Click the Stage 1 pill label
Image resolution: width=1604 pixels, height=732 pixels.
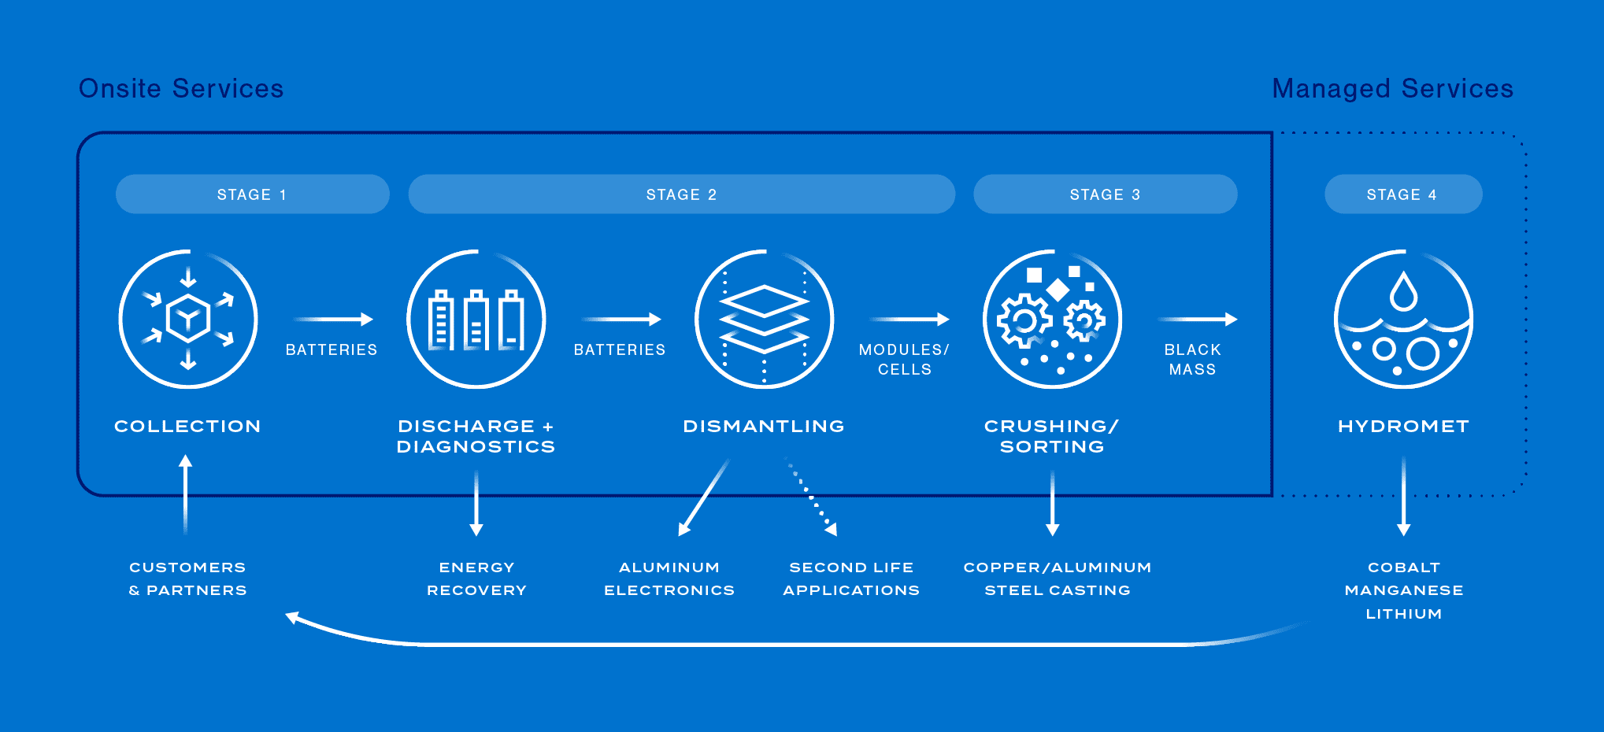(252, 194)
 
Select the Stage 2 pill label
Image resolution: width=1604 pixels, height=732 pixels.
(681, 194)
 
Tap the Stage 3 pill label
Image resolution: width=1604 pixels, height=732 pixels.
(1105, 194)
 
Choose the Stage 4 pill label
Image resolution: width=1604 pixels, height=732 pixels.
(1402, 194)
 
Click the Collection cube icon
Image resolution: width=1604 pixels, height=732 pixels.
(188, 319)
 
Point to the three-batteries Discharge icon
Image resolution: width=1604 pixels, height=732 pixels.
(476, 319)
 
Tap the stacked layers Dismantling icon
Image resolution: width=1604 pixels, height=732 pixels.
(764, 319)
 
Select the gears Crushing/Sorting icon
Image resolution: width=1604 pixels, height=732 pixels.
(1052, 319)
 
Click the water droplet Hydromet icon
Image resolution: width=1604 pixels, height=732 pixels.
(1403, 319)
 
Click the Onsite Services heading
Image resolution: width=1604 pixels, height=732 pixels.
(181, 88)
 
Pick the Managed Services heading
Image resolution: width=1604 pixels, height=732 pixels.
(1392, 88)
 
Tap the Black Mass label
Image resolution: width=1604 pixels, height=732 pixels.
(1192, 359)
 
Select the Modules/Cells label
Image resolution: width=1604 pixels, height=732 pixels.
(904, 359)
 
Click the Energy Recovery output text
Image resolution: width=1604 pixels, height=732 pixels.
(476, 579)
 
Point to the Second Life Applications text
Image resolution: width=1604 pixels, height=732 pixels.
(851, 579)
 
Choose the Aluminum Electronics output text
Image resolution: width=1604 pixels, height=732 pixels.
(669, 579)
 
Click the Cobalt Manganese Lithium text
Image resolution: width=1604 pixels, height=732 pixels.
(1403, 590)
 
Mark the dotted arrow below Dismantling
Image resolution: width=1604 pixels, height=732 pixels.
(811, 497)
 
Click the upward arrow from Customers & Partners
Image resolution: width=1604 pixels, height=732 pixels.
(186, 494)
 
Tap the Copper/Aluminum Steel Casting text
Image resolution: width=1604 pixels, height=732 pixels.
(1058, 579)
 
